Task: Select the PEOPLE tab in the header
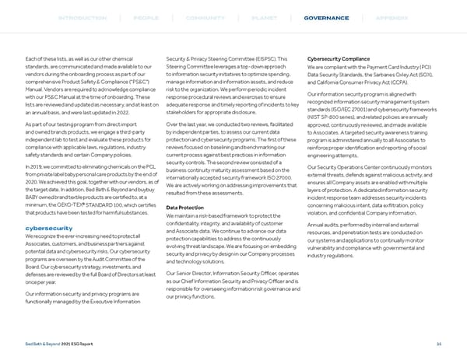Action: [x=146, y=18]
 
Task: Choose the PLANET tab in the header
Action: [x=255, y=18]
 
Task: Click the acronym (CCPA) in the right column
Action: [x=396, y=82]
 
